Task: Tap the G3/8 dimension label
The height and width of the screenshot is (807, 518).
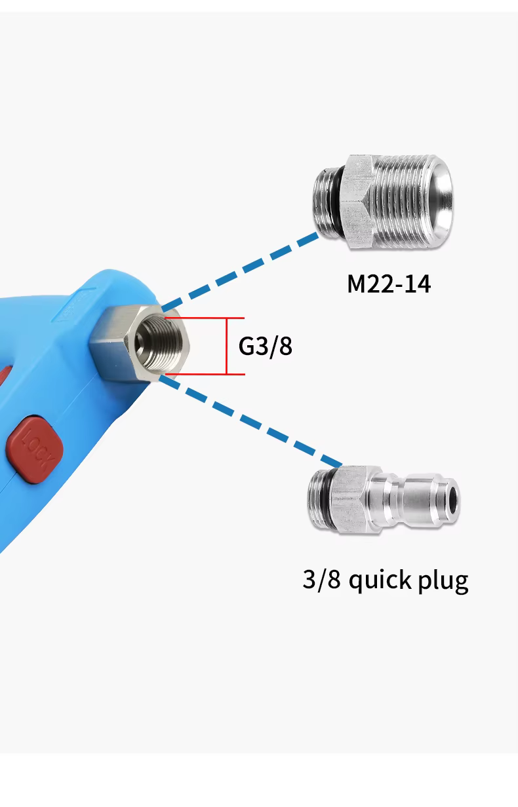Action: (x=265, y=346)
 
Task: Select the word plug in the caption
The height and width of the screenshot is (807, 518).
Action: (x=443, y=581)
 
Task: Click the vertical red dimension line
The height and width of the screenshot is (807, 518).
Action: (x=227, y=346)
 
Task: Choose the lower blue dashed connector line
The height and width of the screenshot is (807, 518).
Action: (x=249, y=419)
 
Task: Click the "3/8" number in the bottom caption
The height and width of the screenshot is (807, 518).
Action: (x=321, y=580)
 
